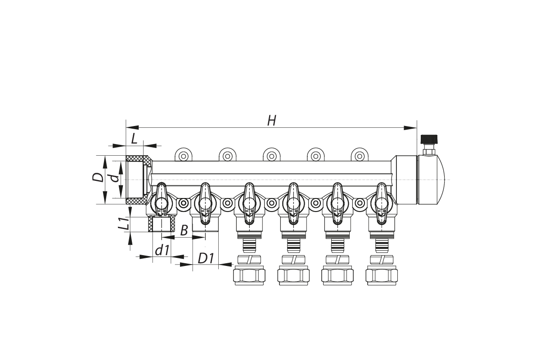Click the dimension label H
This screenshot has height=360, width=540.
(x=272, y=121)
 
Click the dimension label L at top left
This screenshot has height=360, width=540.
(x=134, y=139)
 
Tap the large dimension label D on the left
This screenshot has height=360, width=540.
(x=98, y=177)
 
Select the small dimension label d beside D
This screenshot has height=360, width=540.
(x=116, y=178)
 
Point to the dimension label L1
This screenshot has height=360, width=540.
(x=123, y=223)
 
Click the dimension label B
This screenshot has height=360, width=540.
(x=184, y=230)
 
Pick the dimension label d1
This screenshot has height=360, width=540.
(x=162, y=250)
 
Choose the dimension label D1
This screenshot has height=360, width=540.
(x=206, y=258)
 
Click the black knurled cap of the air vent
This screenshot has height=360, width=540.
(x=429, y=139)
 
